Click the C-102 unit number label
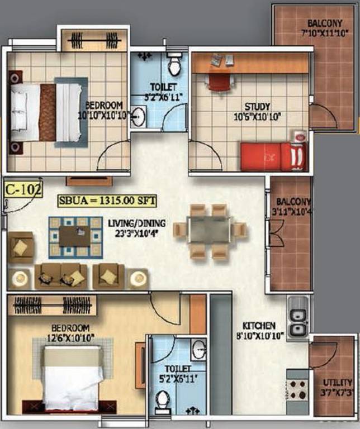pyautogui.click(x=23, y=189)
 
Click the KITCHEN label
pyautogui.click(x=259, y=325)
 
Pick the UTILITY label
pyautogui.click(x=337, y=383)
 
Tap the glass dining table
pyautogui.click(x=209, y=230)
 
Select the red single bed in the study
pyautogui.click(x=271, y=156)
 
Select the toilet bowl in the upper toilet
pyautogui.click(x=174, y=66)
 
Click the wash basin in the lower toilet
pyautogui.click(x=199, y=351)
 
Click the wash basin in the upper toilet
pyautogui.click(x=139, y=117)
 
